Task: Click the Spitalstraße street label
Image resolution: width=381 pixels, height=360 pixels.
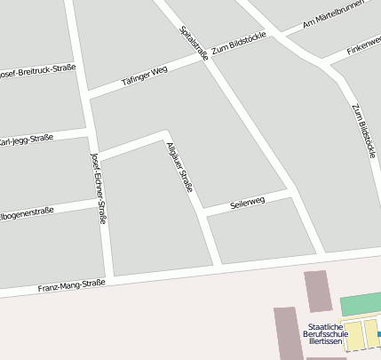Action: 194,43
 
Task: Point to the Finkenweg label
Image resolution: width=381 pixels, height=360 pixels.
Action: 363,46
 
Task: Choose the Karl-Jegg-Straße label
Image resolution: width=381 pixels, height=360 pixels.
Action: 26,140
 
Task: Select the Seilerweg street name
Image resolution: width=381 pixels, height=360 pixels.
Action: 248,203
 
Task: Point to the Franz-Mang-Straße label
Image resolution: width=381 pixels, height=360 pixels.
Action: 71,286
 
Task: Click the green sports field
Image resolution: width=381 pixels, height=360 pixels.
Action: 361,304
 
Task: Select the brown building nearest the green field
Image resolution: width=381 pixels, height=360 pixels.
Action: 317,292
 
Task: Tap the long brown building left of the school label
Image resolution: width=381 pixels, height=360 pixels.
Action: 285,333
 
